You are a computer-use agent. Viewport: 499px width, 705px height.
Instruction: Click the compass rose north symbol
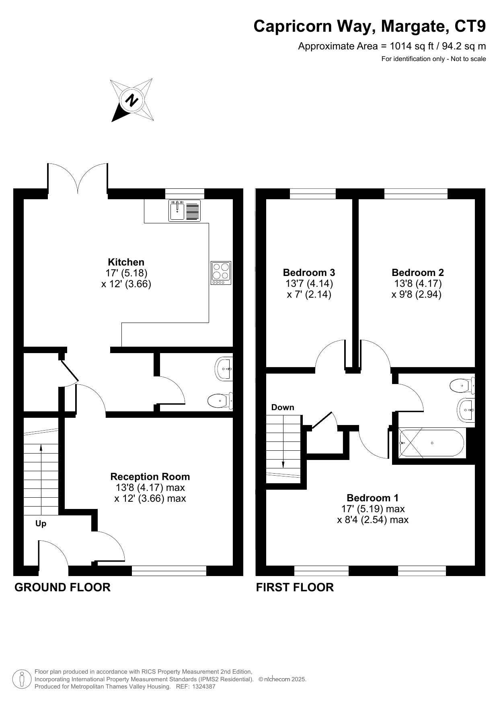pyautogui.click(x=132, y=100)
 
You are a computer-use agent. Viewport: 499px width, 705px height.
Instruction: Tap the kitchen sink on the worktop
pyautogui.click(x=185, y=210)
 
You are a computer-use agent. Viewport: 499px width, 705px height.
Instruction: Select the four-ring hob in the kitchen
pyautogui.click(x=221, y=273)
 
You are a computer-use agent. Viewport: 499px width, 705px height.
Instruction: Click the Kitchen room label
pyautogui.click(x=126, y=262)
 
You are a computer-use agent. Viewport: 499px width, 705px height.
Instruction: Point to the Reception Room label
pyautogui.click(x=150, y=477)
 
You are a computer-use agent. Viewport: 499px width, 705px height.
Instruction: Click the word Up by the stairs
pyautogui.click(x=41, y=524)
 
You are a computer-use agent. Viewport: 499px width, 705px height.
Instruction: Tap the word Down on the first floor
pyautogui.click(x=283, y=407)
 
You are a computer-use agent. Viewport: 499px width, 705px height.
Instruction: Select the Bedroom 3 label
pyautogui.click(x=309, y=273)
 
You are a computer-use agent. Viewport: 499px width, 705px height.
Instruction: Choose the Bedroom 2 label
pyautogui.click(x=418, y=273)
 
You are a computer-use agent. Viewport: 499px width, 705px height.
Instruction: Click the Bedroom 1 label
pyautogui.click(x=373, y=498)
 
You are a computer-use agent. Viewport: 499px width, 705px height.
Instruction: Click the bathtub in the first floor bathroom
pyautogui.click(x=432, y=443)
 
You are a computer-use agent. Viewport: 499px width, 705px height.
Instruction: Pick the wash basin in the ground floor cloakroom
pyautogui.click(x=224, y=368)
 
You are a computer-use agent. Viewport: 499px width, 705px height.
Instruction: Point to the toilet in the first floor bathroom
pyautogui.click(x=462, y=386)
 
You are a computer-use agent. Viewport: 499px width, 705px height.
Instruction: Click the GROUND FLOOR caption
pyautogui.click(x=62, y=587)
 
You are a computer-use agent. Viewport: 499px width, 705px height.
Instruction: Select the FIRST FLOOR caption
pyautogui.click(x=295, y=587)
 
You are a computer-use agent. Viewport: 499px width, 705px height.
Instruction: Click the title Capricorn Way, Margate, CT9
pyautogui.click(x=370, y=27)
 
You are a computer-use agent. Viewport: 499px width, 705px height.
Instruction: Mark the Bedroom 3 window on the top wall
pyautogui.click(x=313, y=194)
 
